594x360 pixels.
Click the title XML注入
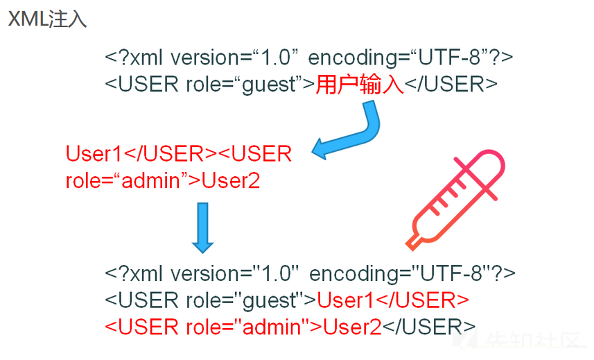click(47, 19)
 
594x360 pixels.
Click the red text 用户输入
click(360, 85)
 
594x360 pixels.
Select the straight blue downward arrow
click(202, 226)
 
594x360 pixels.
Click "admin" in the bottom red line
click(272, 326)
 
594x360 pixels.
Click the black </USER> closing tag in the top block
click(451, 85)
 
